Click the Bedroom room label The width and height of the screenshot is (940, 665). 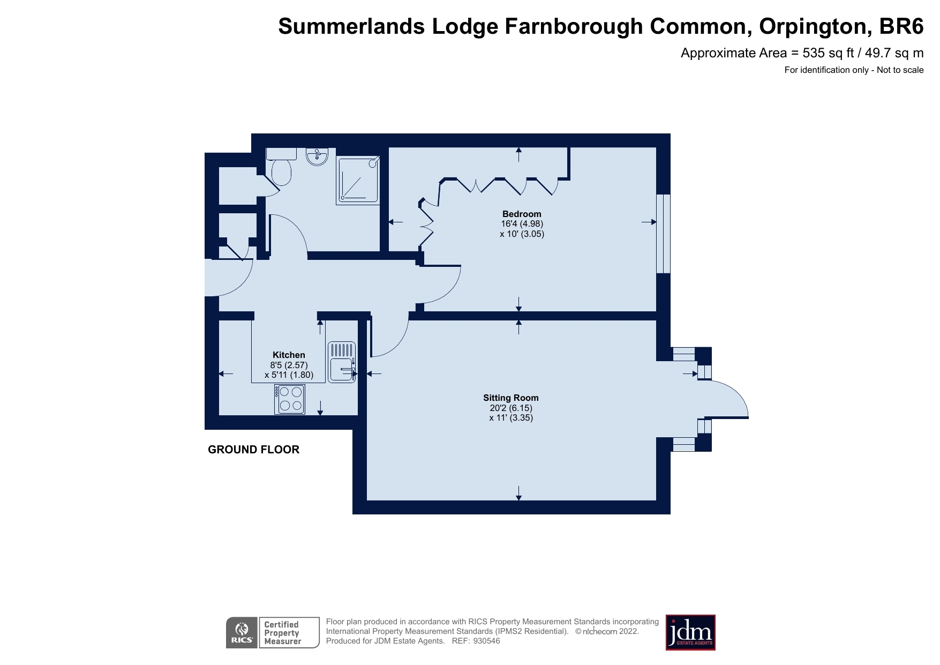point(521,214)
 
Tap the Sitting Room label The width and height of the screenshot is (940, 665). point(510,398)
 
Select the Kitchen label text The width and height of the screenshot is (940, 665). point(289,355)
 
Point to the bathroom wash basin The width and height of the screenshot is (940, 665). point(317,156)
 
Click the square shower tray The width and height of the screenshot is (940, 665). point(358,181)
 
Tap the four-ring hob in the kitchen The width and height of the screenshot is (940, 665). point(290,399)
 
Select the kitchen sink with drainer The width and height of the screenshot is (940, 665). point(342,363)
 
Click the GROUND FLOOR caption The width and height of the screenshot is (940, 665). point(253,450)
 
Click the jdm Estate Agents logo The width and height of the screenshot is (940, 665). point(690,632)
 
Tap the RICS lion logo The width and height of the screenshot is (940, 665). point(242,633)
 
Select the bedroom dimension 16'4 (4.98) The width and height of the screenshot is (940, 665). point(522,224)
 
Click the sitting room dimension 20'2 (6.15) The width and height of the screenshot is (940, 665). point(511,408)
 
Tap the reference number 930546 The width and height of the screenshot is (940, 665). point(486,641)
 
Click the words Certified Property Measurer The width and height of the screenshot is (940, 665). point(282,633)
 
